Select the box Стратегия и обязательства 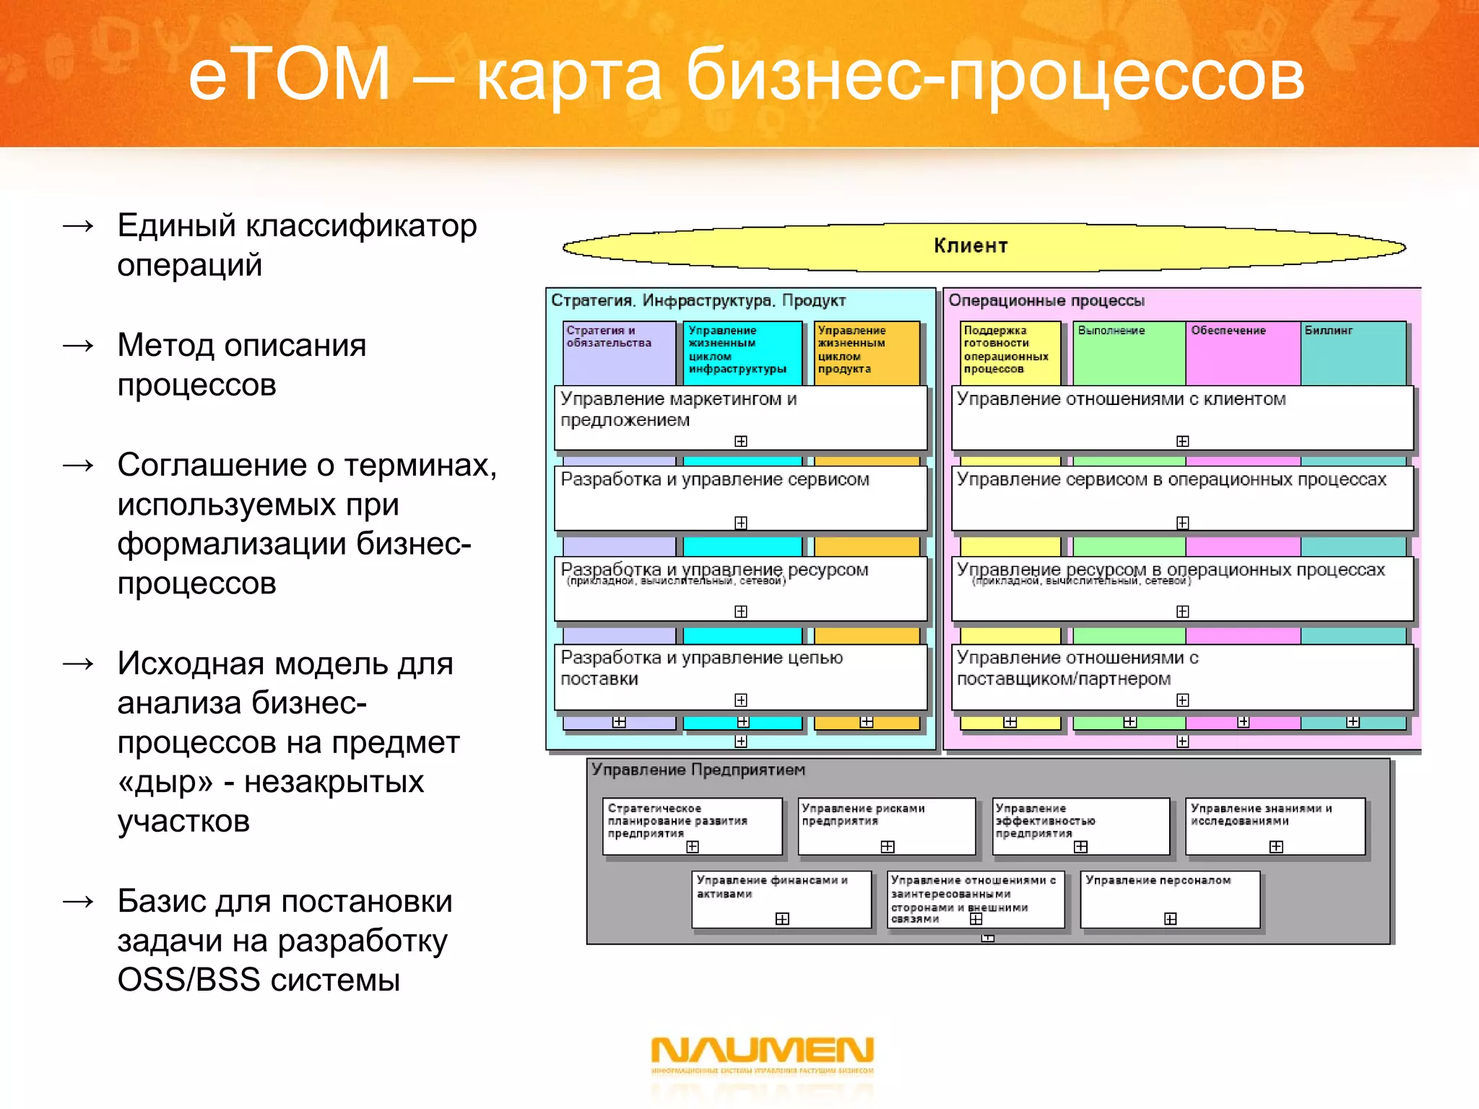coord(618,352)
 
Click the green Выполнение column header coord(1129,352)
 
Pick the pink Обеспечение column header coord(1242,352)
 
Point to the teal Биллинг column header coord(1353,352)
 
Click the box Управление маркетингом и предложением coord(740,417)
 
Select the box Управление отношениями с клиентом coord(1182,417)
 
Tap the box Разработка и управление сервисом coord(740,497)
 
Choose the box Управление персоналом coord(1170,898)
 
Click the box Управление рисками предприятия coord(887,825)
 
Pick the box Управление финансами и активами coord(781,898)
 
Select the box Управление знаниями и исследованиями coord(1275,825)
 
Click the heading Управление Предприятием coord(698,770)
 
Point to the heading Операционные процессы coord(1046,300)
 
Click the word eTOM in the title coord(289,74)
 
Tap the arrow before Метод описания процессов coord(79,346)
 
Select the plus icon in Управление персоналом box coord(1171,918)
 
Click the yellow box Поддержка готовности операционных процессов coord(1010,352)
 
